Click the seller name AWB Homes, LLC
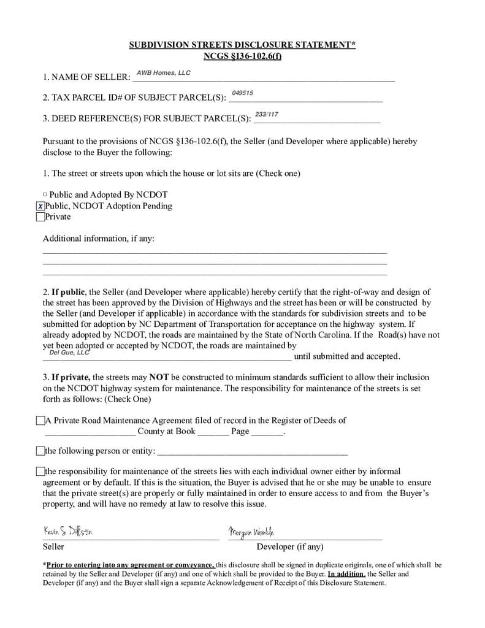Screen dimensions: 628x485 (x=163, y=73)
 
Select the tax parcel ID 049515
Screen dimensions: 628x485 (x=242, y=93)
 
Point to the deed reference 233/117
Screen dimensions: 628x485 (x=266, y=114)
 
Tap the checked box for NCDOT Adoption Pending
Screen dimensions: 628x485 (x=40, y=206)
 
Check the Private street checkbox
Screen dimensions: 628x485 (x=40, y=216)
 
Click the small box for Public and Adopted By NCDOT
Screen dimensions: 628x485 (x=45, y=195)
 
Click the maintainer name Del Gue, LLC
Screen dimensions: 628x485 (x=69, y=352)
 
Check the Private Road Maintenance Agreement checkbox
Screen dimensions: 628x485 (x=40, y=421)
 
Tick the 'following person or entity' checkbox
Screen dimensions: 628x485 (x=40, y=451)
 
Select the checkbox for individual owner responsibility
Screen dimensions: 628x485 (x=40, y=472)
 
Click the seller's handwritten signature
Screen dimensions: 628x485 (x=68, y=530)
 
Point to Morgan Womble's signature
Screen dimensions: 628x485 (x=251, y=531)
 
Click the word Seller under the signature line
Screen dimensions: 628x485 (x=53, y=546)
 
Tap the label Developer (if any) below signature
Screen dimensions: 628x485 (x=289, y=546)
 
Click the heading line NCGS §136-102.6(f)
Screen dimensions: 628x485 (x=242, y=56)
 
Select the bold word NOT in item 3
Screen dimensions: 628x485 (x=159, y=377)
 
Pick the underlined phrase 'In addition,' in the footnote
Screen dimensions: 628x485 (x=346, y=574)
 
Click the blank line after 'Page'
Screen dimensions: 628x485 (x=267, y=432)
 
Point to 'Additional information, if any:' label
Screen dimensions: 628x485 (x=98, y=238)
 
